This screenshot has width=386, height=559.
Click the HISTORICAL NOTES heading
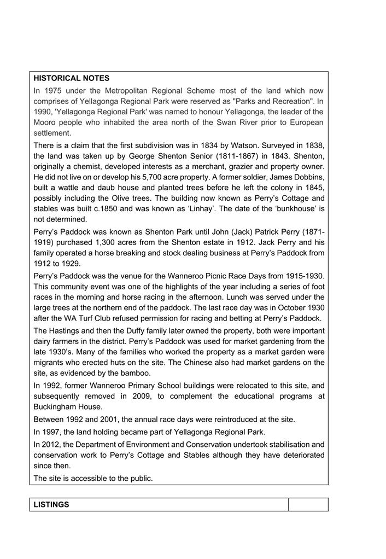pyautogui.click(x=71, y=78)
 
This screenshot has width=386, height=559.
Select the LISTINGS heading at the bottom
pyautogui.click(x=51, y=504)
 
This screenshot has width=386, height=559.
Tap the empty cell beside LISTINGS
pyautogui.click(x=308, y=504)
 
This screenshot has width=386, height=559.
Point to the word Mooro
pyautogui.click(x=46, y=123)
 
